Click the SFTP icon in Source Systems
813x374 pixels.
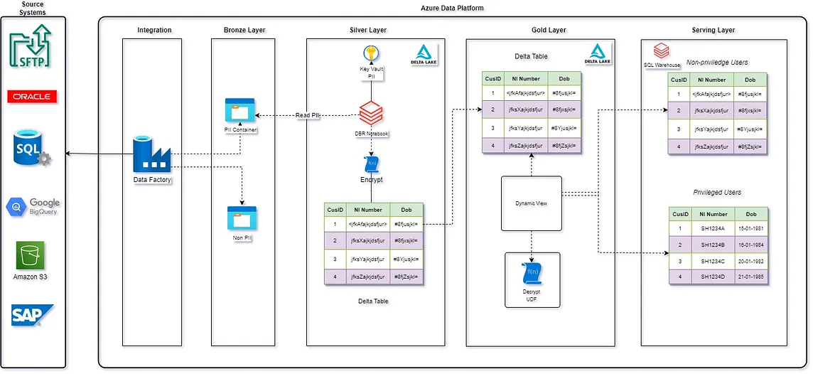[x=33, y=47]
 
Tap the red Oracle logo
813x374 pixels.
[x=32, y=97]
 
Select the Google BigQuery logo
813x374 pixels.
[x=33, y=207]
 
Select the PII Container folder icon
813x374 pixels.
[x=239, y=111]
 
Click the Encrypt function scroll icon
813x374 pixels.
[x=371, y=164]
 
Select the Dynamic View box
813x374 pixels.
[x=532, y=203]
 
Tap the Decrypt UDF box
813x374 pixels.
[x=532, y=279]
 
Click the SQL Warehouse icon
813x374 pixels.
[x=661, y=52]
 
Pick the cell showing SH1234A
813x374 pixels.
[x=713, y=228]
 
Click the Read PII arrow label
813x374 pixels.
[x=307, y=115]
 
